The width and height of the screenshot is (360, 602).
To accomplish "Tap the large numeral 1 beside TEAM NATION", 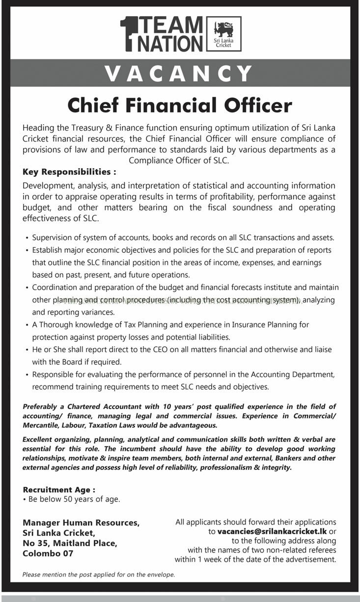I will [128, 33].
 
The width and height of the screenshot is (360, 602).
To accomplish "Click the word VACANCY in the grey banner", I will [180, 74].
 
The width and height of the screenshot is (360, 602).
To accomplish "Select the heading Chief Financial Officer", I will [180, 105].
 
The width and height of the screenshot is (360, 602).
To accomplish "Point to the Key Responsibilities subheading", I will [69, 172].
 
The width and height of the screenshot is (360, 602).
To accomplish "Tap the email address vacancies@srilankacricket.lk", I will [272, 531].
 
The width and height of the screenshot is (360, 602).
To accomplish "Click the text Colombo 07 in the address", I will [48, 553].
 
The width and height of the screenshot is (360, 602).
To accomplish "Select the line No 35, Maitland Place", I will [70, 543].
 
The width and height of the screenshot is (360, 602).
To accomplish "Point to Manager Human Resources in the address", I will [81, 522].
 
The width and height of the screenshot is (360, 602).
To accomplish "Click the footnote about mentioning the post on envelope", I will [99, 574].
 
